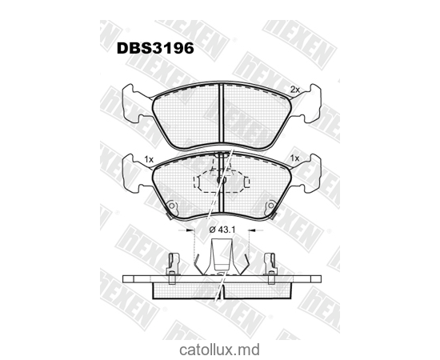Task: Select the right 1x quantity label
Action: (x=294, y=158)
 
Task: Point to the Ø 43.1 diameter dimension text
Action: (x=220, y=230)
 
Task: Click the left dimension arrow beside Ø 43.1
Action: (x=190, y=230)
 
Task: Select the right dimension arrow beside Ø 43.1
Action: (x=250, y=230)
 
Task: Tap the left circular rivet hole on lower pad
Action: (x=173, y=204)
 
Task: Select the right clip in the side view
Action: (x=270, y=266)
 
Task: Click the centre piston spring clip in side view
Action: (x=220, y=260)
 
